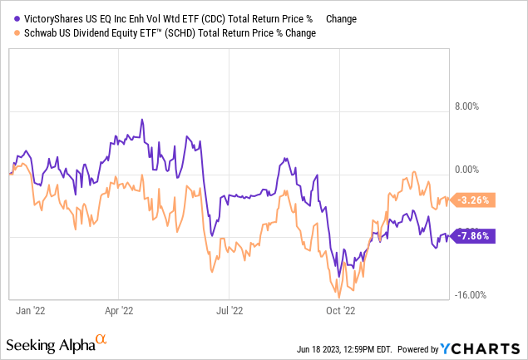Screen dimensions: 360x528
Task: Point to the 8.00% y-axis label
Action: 465,106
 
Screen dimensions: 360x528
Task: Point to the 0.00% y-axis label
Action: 465,170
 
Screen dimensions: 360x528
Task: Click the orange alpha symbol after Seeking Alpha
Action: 101,340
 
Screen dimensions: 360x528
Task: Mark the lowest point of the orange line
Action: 339,297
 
